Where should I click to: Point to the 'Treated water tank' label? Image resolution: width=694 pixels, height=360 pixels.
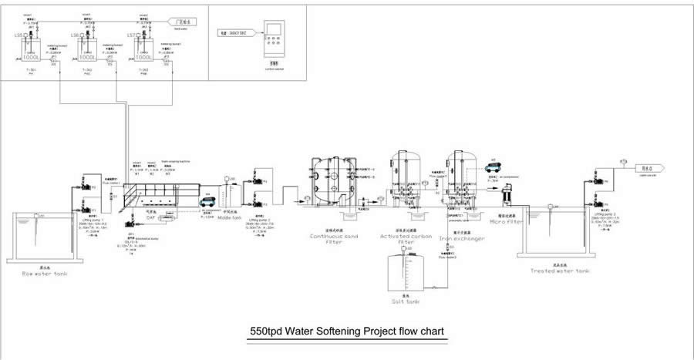pos(560,271)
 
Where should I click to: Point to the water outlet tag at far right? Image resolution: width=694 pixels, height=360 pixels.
pos(645,167)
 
